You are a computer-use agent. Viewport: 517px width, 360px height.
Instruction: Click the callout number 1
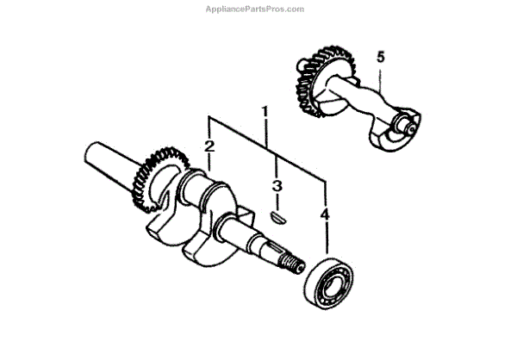click(265, 112)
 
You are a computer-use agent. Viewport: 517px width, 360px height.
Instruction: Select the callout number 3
click(277, 186)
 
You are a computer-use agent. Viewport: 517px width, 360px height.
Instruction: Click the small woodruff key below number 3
click(275, 215)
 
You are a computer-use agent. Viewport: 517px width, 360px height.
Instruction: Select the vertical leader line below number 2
click(209, 163)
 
